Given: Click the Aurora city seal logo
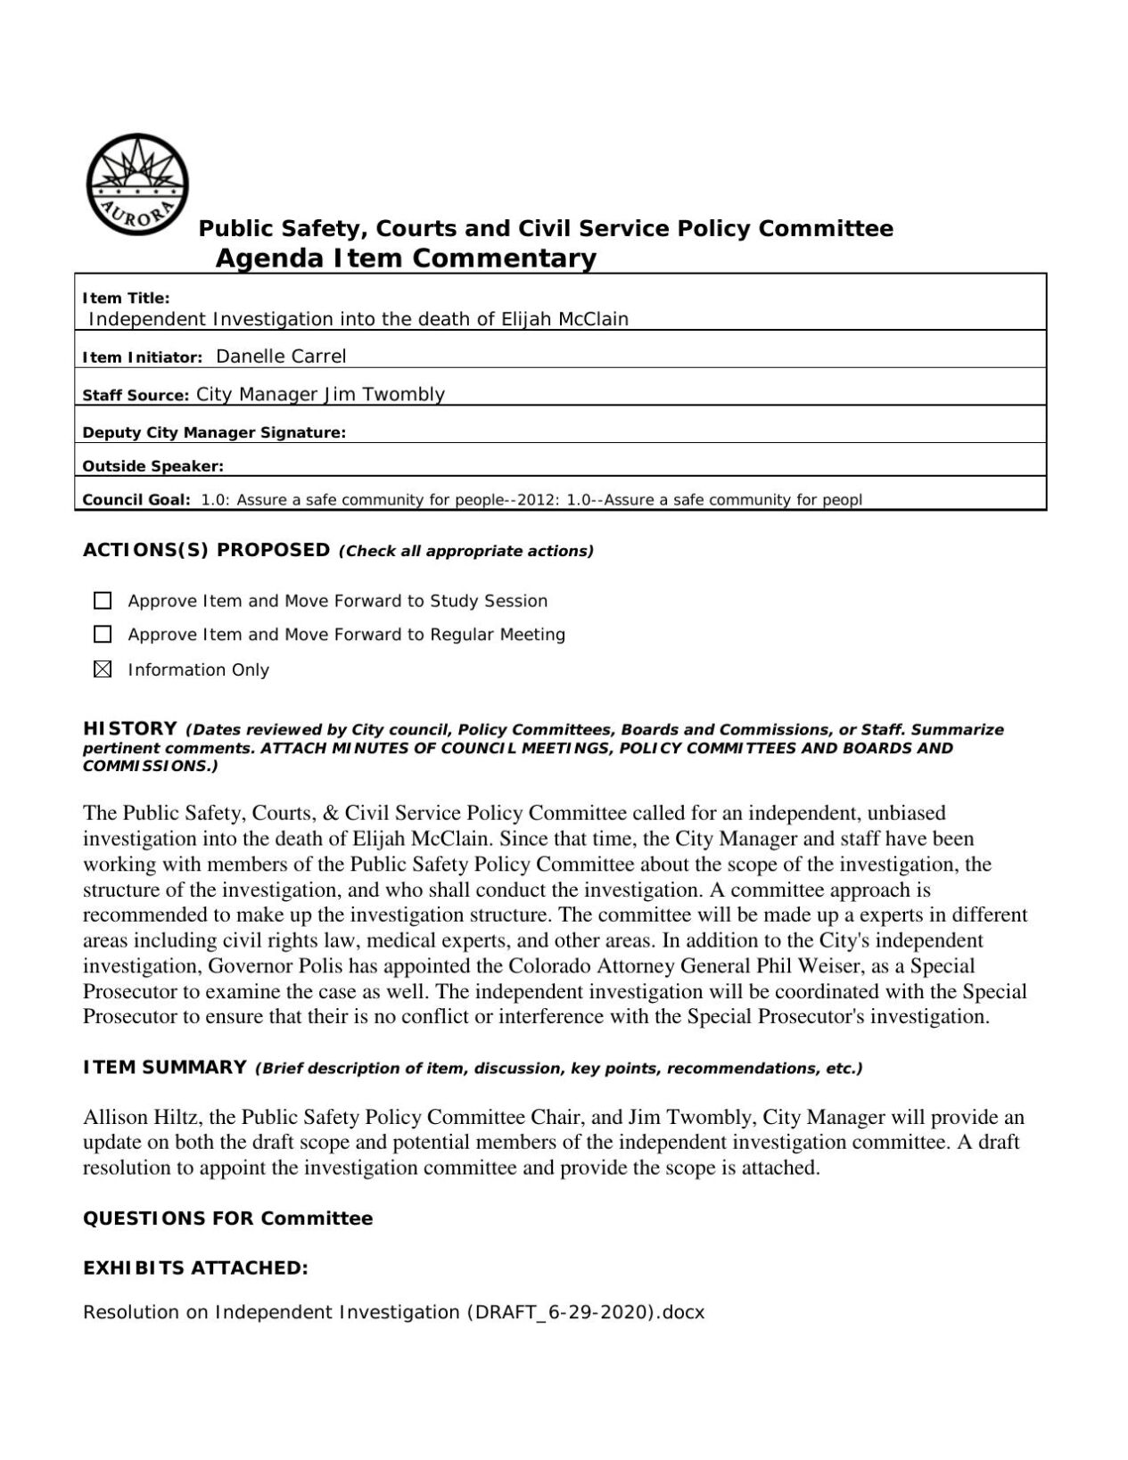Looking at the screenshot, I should (137, 185).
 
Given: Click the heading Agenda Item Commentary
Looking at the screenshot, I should (406, 258).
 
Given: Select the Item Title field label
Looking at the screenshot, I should (126, 299).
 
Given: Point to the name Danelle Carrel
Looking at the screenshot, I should (281, 357).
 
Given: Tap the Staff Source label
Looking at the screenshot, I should (136, 396).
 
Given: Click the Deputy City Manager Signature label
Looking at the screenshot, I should (214, 433).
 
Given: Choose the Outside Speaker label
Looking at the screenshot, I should (153, 466).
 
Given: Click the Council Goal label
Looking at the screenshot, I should (136, 500).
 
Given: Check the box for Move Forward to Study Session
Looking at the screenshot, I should (103, 601).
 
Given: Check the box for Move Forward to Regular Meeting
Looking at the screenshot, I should (103, 635).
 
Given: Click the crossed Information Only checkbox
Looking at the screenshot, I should (103, 669).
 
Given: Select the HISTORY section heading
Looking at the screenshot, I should (130, 729).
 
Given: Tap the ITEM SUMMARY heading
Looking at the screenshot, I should (164, 1067).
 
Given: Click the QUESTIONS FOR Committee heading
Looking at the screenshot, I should (227, 1218).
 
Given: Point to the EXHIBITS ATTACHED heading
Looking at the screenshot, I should (195, 1267).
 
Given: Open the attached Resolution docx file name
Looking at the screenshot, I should (393, 1312).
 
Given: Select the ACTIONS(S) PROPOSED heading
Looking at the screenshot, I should (206, 550).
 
